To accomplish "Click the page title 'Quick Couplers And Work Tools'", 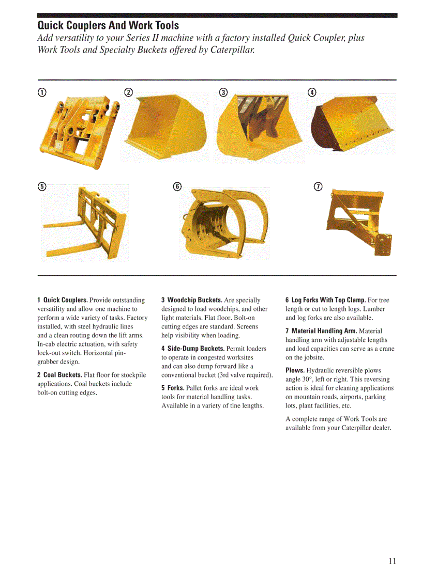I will (108, 25).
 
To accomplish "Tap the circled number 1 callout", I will (42, 92).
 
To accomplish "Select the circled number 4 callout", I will (312, 92).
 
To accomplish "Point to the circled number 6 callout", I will (177, 186).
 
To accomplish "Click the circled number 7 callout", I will (319, 186).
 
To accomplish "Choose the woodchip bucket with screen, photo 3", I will (260, 126).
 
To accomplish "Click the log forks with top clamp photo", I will (225, 220).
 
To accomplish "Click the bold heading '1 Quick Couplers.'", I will (63, 300).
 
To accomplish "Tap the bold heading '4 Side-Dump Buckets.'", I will (193, 349).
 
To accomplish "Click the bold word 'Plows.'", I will (295, 370).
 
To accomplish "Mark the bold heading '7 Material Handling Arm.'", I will (321, 331).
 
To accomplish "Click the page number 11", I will (392, 561).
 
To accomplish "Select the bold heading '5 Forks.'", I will (173, 388).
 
